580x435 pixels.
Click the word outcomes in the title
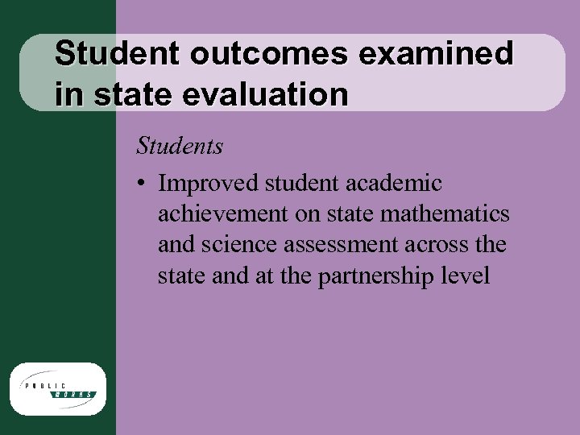tap(270, 55)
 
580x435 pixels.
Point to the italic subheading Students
tap(180, 147)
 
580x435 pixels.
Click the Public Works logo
tap(57, 388)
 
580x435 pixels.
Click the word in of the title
tap(70, 95)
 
